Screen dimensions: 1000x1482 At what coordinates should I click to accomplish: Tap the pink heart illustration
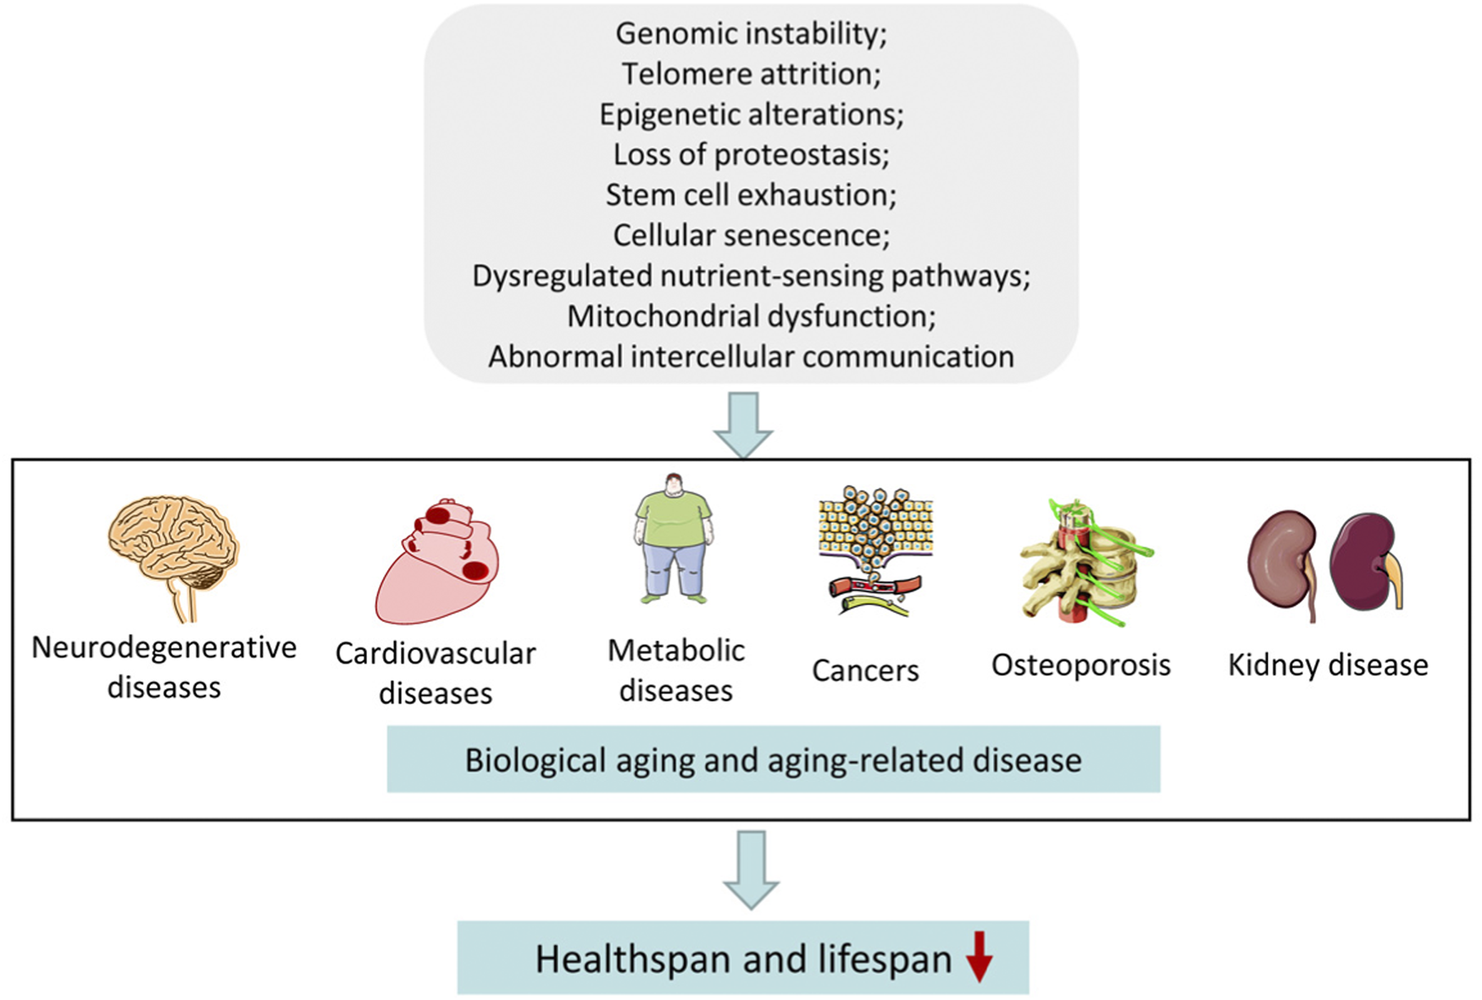(x=436, y=564)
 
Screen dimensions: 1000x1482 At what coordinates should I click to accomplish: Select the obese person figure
(x=674, y=538)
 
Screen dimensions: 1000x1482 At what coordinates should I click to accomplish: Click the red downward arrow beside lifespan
(x=980, y=957)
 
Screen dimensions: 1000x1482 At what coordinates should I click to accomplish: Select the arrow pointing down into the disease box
(x=743, y=424)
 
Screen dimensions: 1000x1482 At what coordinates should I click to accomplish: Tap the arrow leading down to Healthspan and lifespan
(x=751, y=869)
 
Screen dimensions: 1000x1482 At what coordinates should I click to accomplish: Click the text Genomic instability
(x=751, y=34)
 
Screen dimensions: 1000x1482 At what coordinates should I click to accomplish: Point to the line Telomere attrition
(x=751, y=75)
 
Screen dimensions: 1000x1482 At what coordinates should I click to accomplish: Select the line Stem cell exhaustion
(x=751, y=196)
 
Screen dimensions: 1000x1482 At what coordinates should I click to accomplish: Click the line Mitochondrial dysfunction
(x=751, y=317)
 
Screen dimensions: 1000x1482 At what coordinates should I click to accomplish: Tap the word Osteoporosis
(x=1080, y=665)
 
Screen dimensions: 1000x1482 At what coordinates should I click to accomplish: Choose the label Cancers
(x=865, y=670)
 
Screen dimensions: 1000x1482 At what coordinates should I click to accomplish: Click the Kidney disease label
(x=1328, y=665)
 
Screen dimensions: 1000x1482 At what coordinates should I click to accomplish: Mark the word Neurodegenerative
(x=164, y=647)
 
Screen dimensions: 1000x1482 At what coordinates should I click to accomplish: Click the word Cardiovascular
(x=436, y=653)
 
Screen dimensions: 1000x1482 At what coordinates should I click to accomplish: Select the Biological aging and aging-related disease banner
(x=773, y=760)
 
